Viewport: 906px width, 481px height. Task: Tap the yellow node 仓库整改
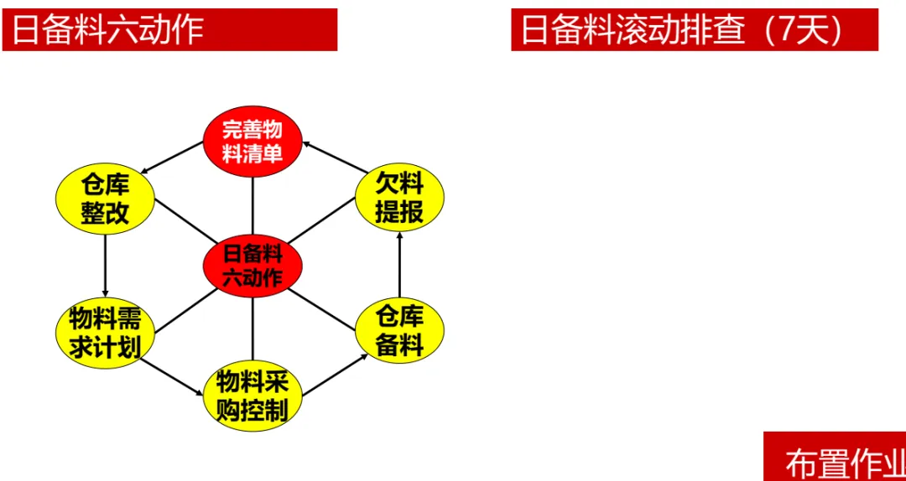pyautogui.click(x=106, y=199)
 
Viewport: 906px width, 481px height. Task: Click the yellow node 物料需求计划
pyautogui.click(x=106, y=333)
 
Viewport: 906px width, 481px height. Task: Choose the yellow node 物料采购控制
pyautogui.click(x=253, y=396)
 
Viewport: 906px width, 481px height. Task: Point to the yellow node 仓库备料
pyautogui.click(x=399, y=332)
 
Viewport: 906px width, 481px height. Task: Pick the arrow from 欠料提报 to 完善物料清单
pyautogui.click(x=329, y=157)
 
